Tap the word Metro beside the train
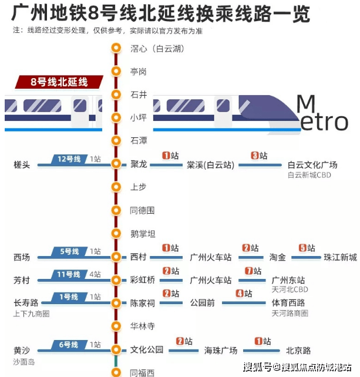322,114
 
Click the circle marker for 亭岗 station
116,72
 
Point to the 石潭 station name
139,140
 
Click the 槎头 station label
22,165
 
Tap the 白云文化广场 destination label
312,165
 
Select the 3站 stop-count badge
259,156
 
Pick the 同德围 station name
142,210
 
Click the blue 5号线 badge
70,251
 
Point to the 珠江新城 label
340,257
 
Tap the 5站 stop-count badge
307,248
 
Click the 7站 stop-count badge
253,271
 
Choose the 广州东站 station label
288,280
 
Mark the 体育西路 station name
288,303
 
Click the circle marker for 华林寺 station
116,325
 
